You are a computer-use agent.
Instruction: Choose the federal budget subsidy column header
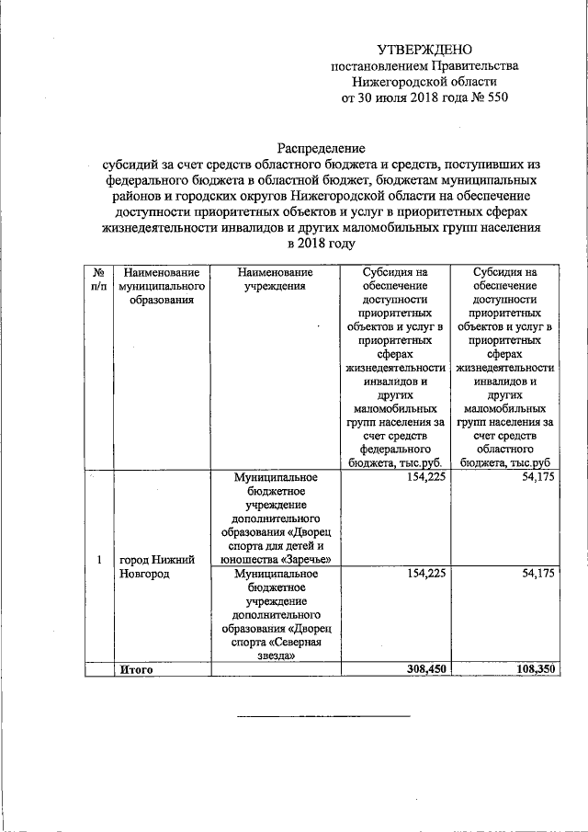point(395,368)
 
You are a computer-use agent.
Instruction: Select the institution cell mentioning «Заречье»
point(274,518)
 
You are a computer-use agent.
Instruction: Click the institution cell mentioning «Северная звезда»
point(274,613)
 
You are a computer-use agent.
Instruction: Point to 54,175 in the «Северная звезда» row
point(537,574)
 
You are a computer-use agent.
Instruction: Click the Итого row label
point(135,670)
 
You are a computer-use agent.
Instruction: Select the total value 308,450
point(422,670)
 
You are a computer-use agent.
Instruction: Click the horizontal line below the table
point(323,715)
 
